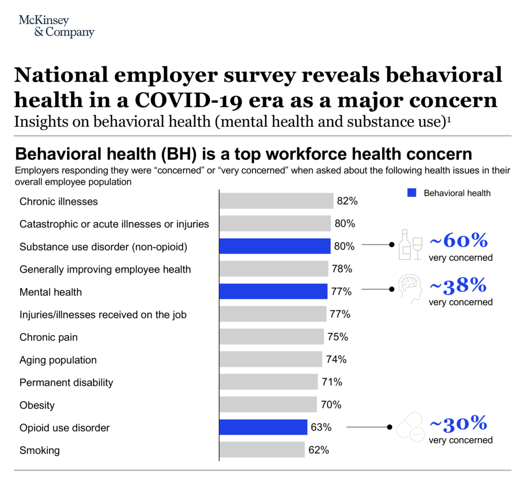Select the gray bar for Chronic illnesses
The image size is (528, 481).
276,201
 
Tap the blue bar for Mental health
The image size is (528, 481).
273,291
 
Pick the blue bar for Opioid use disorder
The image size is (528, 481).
263,427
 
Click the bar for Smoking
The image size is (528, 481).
262,450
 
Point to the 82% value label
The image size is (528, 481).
347,201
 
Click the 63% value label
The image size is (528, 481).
321,427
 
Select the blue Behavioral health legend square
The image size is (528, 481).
411,193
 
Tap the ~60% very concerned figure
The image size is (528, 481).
458,240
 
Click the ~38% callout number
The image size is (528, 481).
458,285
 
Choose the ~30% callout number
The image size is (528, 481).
458,423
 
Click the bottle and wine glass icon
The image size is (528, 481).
410,245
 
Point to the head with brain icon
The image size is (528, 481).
410,288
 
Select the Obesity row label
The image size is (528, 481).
37,405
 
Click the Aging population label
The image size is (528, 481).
58,360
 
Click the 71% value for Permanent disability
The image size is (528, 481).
331,382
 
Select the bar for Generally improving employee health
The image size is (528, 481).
273,269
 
